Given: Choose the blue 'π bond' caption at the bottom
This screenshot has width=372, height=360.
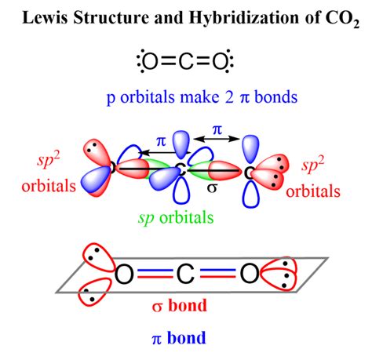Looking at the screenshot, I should point(185,338).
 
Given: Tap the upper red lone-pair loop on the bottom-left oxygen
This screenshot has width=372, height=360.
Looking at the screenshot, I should point(95,256).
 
